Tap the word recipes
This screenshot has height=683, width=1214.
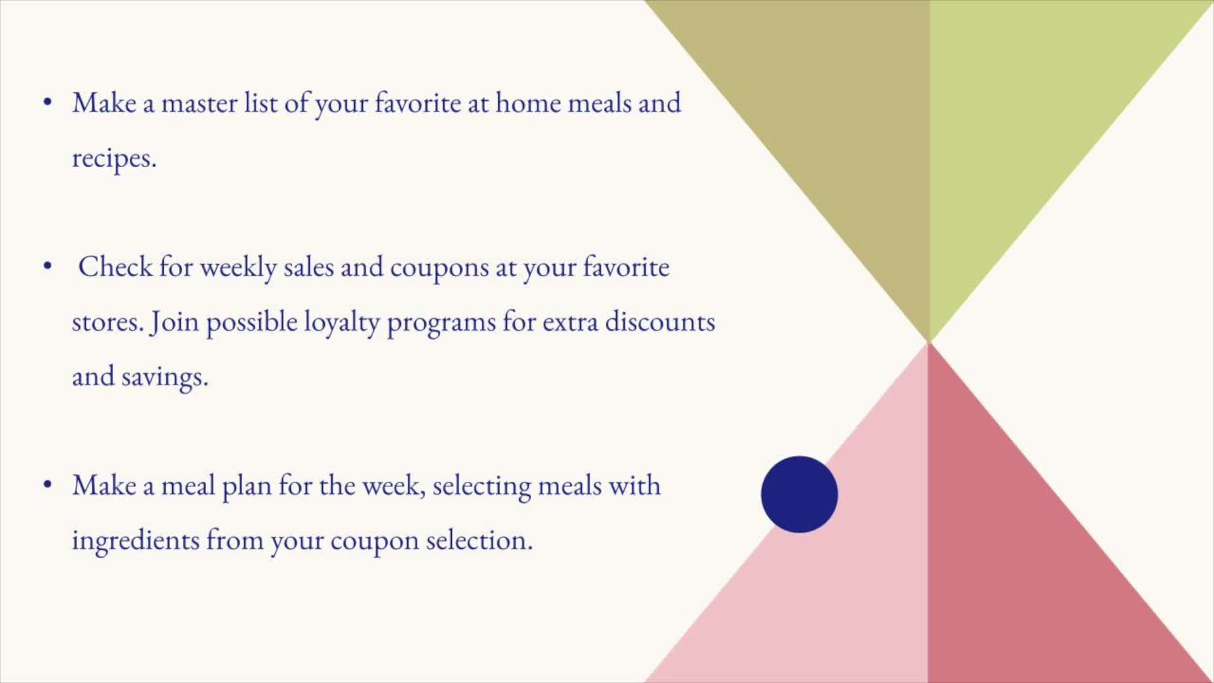pos(114,158)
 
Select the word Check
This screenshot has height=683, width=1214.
pos(116,266)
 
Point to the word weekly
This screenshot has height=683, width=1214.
pos(238,268)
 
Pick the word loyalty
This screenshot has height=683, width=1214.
pos(341,323)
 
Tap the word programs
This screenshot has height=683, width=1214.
pos(441,324)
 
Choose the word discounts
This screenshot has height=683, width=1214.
pos(660,321)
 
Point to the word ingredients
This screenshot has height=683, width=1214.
pos(135,541)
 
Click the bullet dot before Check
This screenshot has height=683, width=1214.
pos(47,266)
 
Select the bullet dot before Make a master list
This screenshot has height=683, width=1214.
pos(47,102)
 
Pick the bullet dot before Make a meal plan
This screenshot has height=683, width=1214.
pos(47,485)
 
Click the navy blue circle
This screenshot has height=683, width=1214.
pos(799,495)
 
